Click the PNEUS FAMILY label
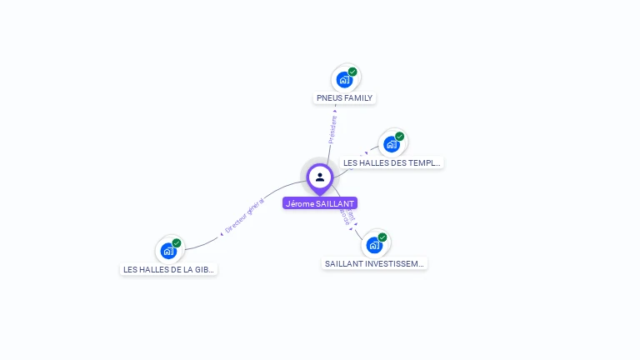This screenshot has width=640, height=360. point(345,98)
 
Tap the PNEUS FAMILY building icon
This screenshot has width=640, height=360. point(344,80)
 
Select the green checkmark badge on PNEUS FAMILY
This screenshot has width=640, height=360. point(352,72)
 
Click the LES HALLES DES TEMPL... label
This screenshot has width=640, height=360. point(392,162)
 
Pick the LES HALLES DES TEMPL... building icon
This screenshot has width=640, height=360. point(391,144)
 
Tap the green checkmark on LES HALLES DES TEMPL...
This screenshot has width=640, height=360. point(399,137)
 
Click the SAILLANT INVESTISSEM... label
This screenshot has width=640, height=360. point(375,263)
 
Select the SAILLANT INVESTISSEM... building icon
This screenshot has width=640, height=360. point(374,245)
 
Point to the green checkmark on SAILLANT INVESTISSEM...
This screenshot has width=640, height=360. point(382,237)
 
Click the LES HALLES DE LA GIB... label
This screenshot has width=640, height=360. point(169,269)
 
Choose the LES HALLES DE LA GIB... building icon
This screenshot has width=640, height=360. point(168,251)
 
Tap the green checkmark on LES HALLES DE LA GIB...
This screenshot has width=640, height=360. point(177,243)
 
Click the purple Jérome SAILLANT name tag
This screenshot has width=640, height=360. point(320,203)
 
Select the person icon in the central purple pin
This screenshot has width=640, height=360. point(320,177)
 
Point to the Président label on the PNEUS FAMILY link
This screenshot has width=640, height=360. point(332,129)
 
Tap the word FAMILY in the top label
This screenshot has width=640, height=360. point(358,98)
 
